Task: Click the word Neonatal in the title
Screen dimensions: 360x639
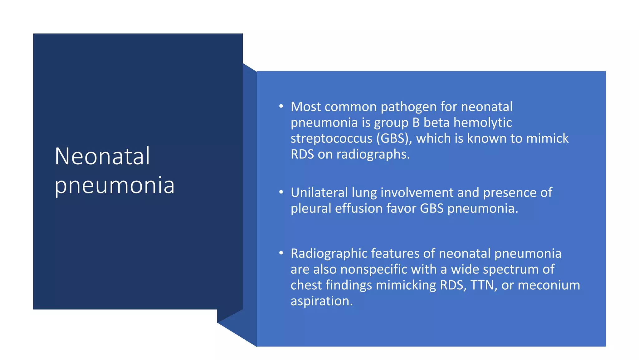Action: click(102, 156)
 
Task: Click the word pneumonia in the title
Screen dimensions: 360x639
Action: click(114, 185)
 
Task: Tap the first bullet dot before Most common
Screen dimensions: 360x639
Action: click(281, 107)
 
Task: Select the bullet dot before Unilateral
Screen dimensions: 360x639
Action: click(281, 192)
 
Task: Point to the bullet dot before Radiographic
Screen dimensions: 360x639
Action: click(281, 253)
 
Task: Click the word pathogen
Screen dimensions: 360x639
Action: click(408, 107)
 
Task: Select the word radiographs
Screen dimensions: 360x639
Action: click(373, 154)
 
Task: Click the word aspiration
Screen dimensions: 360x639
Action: click(321, 301)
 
